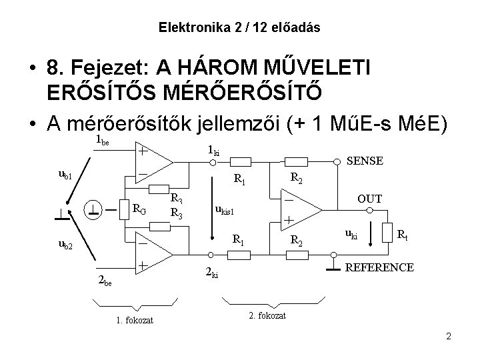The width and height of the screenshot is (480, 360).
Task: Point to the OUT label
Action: coord(369,198)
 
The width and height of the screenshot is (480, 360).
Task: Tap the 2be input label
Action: coord(105,281)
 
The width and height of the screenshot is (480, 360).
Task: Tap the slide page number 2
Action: coord(449,336)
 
